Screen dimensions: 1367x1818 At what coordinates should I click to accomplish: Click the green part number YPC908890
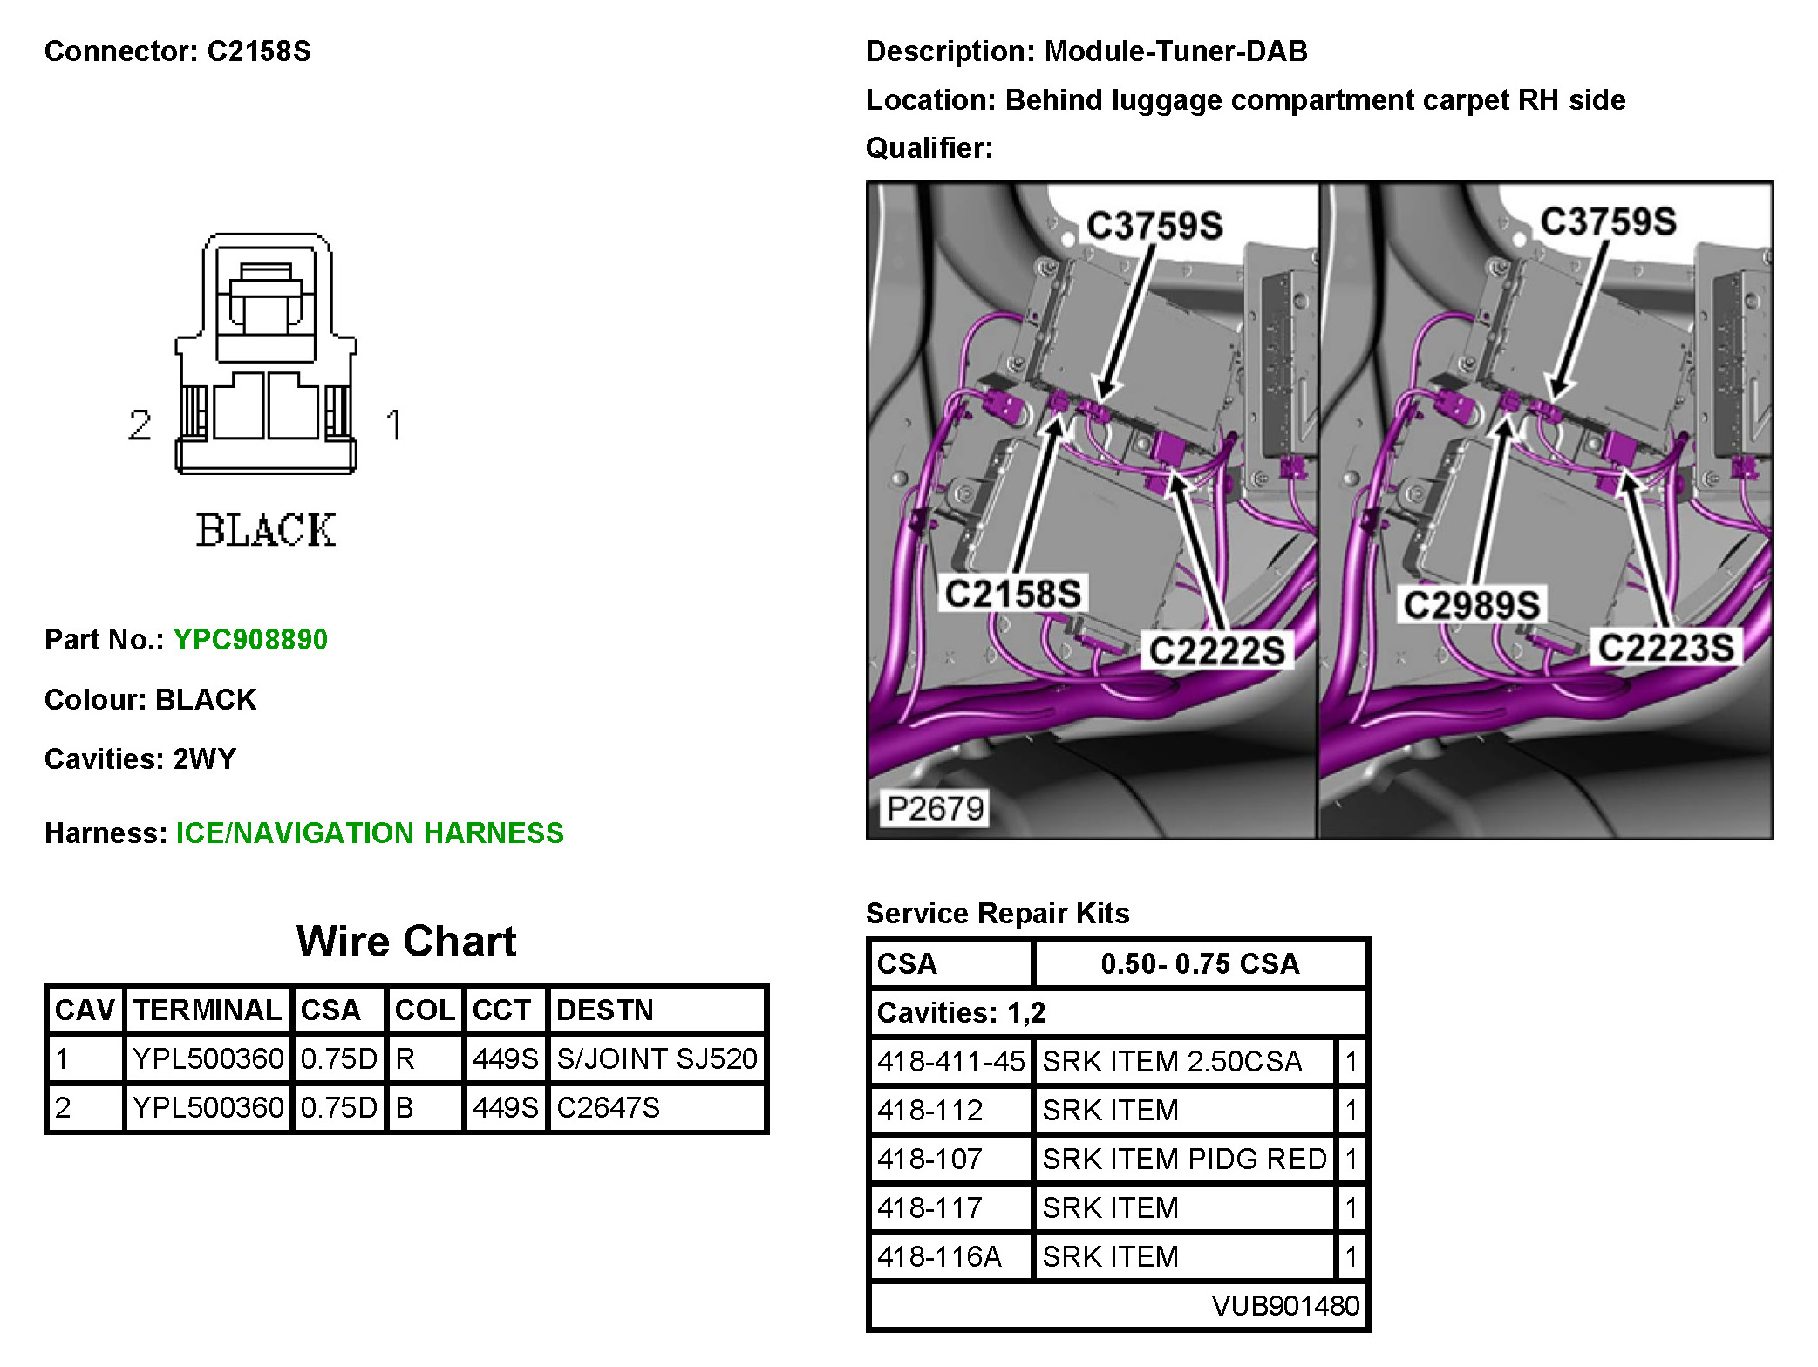(250, 640)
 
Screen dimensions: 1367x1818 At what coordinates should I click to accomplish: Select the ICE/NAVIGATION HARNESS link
(370, 833)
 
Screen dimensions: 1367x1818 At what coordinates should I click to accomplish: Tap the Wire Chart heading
(406, 942)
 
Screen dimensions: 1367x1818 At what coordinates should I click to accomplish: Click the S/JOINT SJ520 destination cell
(657, 1059)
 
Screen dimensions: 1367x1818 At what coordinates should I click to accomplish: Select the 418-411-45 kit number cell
(950, 1062)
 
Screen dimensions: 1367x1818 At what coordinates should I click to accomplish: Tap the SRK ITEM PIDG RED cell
(1184, 1160)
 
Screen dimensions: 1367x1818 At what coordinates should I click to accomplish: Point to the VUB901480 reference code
(1285, 1306)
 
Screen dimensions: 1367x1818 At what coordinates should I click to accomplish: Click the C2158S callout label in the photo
(1012, 595)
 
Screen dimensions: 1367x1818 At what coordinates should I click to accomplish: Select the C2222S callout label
(1216, 651)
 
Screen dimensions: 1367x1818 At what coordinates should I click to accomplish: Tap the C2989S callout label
(1471, 605)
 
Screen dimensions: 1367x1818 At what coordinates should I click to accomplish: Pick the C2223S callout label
(1665, 648)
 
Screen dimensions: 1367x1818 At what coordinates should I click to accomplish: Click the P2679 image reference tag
(935, 809)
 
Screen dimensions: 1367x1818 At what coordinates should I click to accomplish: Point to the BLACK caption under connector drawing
(266, 531)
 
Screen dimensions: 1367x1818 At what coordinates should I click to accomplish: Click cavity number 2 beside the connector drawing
(140, 425)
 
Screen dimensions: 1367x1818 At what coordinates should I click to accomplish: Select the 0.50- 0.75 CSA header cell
(1200, 964)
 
